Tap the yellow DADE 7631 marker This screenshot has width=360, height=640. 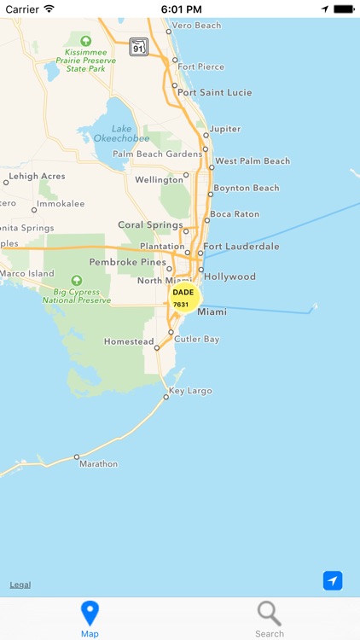pyautogui.click(x=183, y=298)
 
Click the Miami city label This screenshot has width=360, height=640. pyautogui.click(x=212, y=312)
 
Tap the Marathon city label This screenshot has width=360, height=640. pyautogui.click(x=98, y=464)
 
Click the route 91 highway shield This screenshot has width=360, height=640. pyautogui.click(x=139, y=48)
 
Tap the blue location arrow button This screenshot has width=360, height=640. pyautogui.click(x=333, y=580)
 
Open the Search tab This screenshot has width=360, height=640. pyautogui.click(x=270, y=619)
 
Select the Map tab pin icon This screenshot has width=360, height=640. pyautogui.click(x=90, y=613)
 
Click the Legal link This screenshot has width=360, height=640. pyautogui.click(x=20, y=585)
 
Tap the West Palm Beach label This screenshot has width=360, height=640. pyautogui.click(x=253, y=161)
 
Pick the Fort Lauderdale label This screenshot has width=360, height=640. pyautogui.click(x=241, y=247)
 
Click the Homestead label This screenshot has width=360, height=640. pyautogui.click(x=129, y=341)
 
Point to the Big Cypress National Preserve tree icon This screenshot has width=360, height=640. pyautogui.click(x=77, y=280)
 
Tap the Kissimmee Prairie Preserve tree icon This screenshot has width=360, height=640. pyautogui.click(x=85, y=41)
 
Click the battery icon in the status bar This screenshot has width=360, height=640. pyautogui.click(x=343, y=9)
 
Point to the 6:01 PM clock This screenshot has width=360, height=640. pyautogui.click(x=179, y=9)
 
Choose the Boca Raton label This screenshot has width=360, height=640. pyautogui.click(x=235, y=214)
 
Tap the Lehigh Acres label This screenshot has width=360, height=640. pyautogui.click(x=37, y=177)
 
